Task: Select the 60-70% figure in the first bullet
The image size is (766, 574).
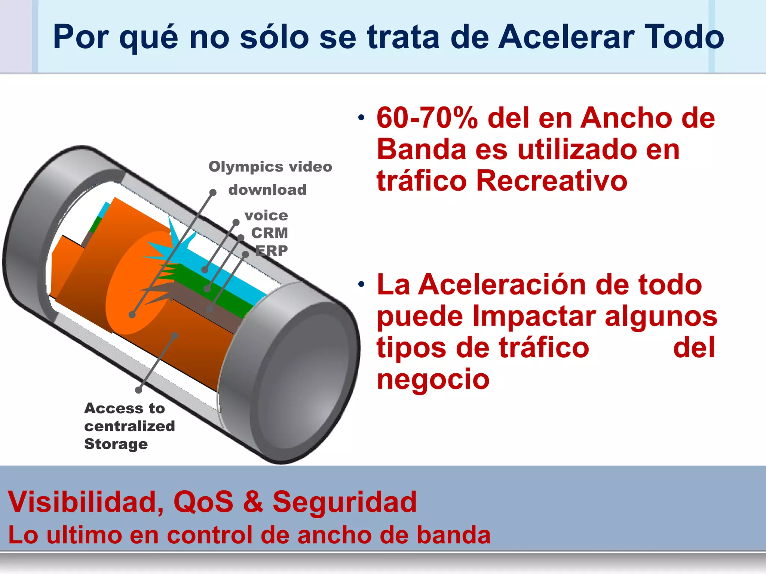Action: click(427, 118)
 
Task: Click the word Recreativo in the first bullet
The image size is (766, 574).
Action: click(551, 181)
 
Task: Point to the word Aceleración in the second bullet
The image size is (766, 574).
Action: click(503, 285)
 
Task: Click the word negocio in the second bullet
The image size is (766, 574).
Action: click(433, 379)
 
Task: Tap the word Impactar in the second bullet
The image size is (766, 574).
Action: click(534, 316)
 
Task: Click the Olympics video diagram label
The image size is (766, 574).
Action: click(270, 167)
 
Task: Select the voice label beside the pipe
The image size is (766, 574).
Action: click(266, 216)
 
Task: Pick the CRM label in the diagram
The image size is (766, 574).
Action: click(269, 233)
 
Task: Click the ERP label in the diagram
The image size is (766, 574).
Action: click(272, 250)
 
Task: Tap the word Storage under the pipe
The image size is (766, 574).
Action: click(116, 444)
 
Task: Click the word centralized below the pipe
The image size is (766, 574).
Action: click(129, 426)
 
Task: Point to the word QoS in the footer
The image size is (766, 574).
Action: click(203, 502)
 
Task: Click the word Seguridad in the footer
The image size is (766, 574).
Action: click(344, 502)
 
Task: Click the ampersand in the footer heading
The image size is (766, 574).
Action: click(253, 502)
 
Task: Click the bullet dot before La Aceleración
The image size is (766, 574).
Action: click(361, 285)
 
